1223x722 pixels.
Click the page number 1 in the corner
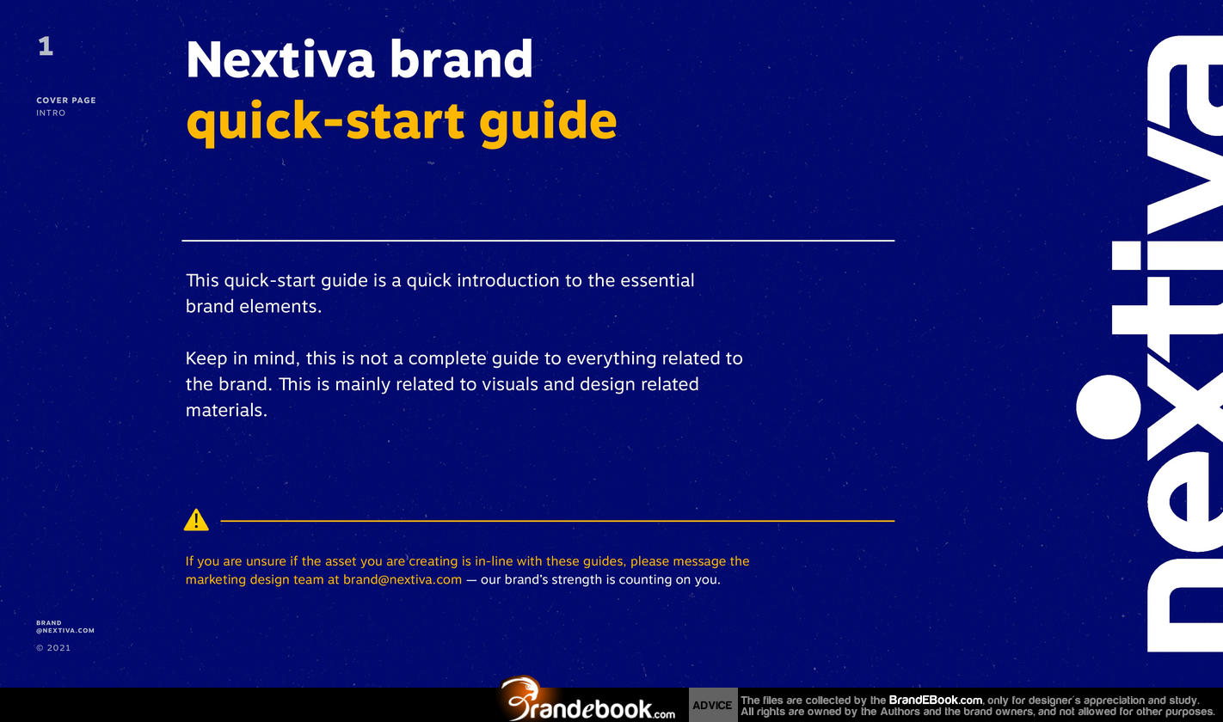tap(46, 46)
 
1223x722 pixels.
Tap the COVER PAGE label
tap(66, 101)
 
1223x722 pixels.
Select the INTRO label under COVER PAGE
tap(51, 113)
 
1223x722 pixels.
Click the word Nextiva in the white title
tap(280, 59)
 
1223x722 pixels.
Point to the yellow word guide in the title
tap(548, 122)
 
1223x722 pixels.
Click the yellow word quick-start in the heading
tap(325, 122)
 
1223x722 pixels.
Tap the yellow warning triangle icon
tap(196, 519)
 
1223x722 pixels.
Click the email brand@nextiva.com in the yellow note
tap(403, 579)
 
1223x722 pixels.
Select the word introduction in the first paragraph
tap(508, 280)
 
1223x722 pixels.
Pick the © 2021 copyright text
tap(53, 648)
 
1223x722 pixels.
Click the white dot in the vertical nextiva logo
tap(1108, 407)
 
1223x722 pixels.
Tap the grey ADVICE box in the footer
tap(712, 705)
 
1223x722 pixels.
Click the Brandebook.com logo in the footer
tap(587, 701)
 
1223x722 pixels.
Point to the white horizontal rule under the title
tap(538, 240)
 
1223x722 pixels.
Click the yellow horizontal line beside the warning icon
tap(557, 521)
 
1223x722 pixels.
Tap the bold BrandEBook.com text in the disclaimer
tap(935, 700)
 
